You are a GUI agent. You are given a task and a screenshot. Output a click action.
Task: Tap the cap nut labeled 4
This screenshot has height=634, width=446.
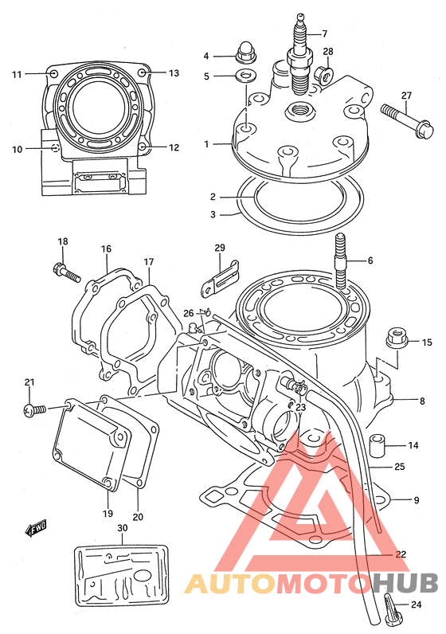coord(245,53)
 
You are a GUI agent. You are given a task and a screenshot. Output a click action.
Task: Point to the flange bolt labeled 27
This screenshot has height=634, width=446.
coord(407,119)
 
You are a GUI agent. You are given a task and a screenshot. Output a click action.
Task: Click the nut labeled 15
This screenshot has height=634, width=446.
coord(397,338)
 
